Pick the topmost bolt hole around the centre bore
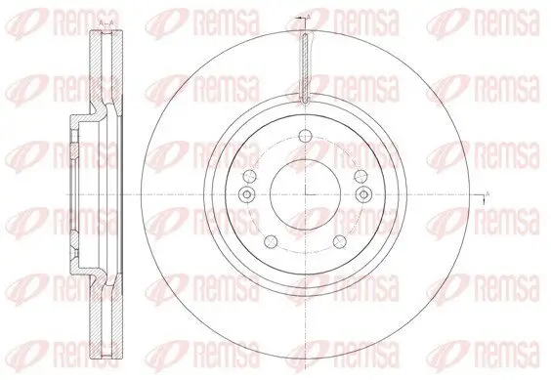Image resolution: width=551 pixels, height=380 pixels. [x=305, y=136]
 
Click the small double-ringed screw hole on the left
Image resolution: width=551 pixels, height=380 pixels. [x=247, y=195]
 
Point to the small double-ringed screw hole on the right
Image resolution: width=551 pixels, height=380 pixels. [x=362, y=195]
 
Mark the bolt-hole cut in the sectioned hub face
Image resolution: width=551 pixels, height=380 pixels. [x=73, y=137]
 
